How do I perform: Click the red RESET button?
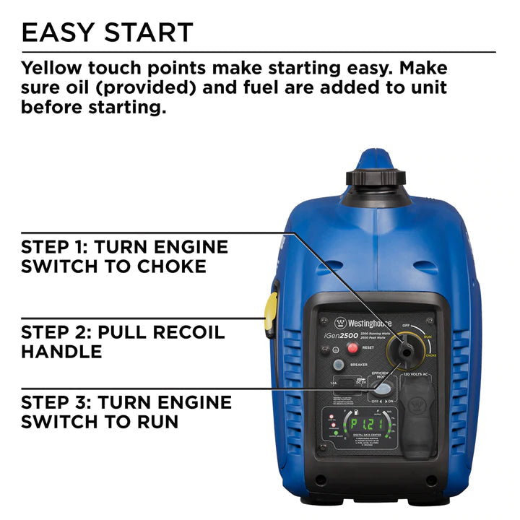[x=353, y=348]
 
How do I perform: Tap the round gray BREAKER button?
[x=338, y=365]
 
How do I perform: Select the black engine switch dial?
[x=407, y=351]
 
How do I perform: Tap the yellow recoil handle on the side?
[x=272, y=316]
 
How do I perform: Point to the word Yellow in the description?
[x=52, y=69]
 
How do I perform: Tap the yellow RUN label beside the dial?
[x=428, y=337]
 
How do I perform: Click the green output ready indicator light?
[x=335, y=433]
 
